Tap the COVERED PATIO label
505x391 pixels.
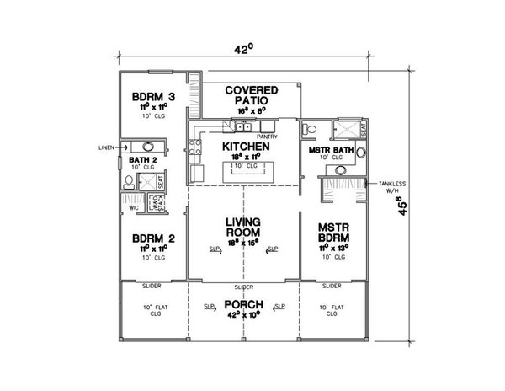(244, 94)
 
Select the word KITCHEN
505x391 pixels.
(245, 146)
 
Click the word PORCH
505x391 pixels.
(245, 304)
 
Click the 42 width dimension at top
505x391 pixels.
(243, 50)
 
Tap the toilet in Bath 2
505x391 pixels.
(129, 181)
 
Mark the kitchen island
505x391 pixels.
(244, 170)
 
